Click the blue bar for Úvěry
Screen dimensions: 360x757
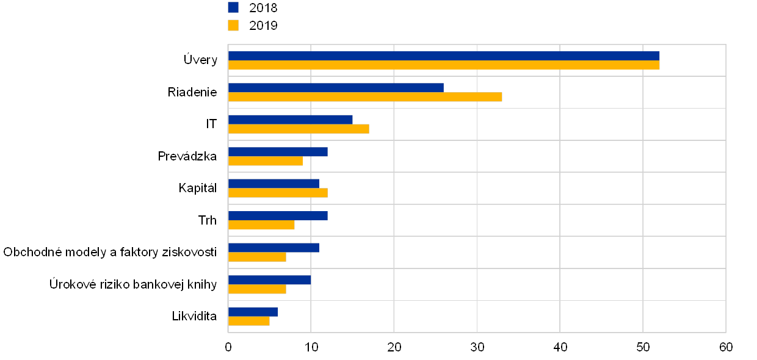(443, 56)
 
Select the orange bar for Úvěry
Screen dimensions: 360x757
(443, 65)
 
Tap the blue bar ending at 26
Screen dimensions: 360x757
(336, 87)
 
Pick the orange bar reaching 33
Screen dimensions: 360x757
(365, 97)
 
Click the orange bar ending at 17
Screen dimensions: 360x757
(299, 129)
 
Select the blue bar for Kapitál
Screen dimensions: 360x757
(273, 183)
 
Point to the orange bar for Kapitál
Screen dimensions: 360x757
(278, 193)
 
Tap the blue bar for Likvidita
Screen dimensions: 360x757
(253, 311)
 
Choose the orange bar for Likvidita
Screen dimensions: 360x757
(249, 321)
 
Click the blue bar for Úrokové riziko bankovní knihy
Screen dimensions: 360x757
(269, 279)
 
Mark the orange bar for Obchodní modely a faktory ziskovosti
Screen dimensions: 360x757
(257, 257)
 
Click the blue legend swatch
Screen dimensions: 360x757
(233, 7)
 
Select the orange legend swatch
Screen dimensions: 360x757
(233, 25)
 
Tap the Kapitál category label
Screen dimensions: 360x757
(198, 188)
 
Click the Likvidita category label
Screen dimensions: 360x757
(200, 316)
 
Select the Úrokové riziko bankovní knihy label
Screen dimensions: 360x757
(134, 284)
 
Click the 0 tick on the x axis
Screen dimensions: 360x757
(228, 347)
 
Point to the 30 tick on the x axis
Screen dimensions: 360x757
(477, 347)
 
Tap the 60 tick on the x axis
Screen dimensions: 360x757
(726, 347)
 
